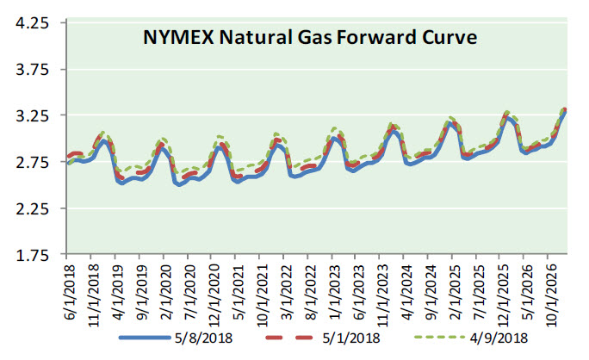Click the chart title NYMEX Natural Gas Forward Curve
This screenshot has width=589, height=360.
click(x=309, y=38)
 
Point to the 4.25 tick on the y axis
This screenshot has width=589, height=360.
click(x=32, y=23)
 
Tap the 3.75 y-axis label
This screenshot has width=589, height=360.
click(x=32, y=70)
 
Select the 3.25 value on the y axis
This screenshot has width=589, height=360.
click(x=32, y=116)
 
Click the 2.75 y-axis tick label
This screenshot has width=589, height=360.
click(x=32, y=163)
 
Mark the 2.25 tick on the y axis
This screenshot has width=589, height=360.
click(x=32, y=209)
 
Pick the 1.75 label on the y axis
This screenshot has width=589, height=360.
click(x=32, y=256)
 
